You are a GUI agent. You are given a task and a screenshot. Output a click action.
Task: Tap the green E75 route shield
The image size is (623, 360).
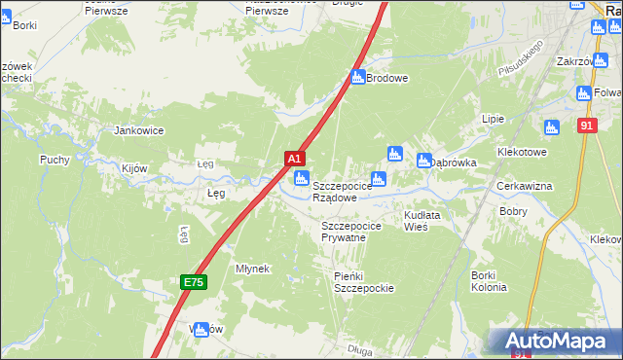pyautogui.click(x=193, y=282)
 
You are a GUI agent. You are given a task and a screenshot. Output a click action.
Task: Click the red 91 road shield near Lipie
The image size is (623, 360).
pyautogui.click(x=585, y=126)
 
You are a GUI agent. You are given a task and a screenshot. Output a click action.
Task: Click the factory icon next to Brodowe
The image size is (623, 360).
pyautogui.click(x=357, y=77)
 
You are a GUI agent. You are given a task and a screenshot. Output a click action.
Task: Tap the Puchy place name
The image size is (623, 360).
pyautogui.click(x=55, y=160)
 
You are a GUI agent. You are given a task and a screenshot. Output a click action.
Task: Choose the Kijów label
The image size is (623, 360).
pyautogui.click(x=134, y=168)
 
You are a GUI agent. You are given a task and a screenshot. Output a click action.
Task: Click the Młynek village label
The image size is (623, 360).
pyautogui.click(x=252, y=269)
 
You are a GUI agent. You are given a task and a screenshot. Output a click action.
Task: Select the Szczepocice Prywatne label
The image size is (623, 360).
pyautogui.click(x=356, y=232)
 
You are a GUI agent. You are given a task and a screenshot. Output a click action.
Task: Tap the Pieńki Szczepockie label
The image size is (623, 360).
pyautogui.click(x=363, y=282)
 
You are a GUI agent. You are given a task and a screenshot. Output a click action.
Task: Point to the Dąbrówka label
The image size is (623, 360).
pyautogui.click(x=454, y=162)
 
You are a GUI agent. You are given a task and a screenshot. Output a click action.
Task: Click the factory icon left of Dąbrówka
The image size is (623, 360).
pyautogui.click(x=423, y=161)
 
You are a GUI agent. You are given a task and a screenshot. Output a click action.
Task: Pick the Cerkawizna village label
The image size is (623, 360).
pyautogui.click(x=525, y=186)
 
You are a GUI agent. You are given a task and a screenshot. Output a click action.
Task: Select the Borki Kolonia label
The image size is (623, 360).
pyautogui.click(x=489, y=281)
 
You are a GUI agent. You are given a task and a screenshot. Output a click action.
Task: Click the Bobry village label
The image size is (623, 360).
pyautogui.click(x=513, y=210)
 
